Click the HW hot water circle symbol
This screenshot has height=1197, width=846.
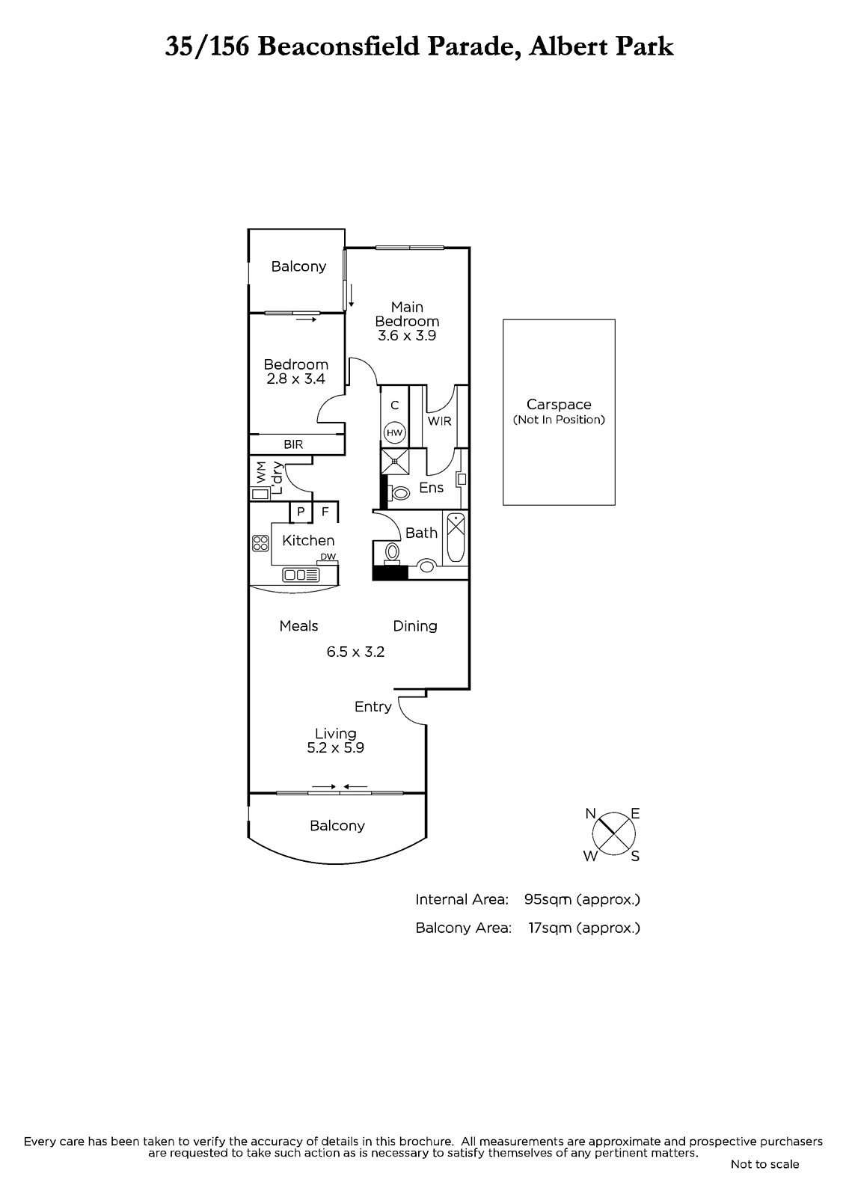(x=394, y=433)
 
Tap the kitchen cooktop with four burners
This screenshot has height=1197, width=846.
(x=260, y=543)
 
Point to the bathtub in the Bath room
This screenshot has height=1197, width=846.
(x=456, y=537)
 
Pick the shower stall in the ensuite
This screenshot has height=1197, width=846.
(x=395, y=461)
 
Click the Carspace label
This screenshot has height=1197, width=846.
(x=559, y=405)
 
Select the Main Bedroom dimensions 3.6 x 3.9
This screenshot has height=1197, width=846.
(x=407, y=336)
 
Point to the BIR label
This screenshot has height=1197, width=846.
(x=293, y=444)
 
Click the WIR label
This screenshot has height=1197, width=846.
(x=439, y=421)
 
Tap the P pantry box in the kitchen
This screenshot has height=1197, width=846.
(x=301, y=512)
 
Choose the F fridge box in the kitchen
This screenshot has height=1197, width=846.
(x=325, y=512)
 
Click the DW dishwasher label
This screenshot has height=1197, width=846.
(x=328, y=557)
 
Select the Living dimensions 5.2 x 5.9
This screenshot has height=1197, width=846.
(x=336, y=747)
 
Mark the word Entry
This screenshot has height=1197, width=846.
(x=373, y=707)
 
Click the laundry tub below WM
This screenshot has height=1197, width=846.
(x=260, y=495)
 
